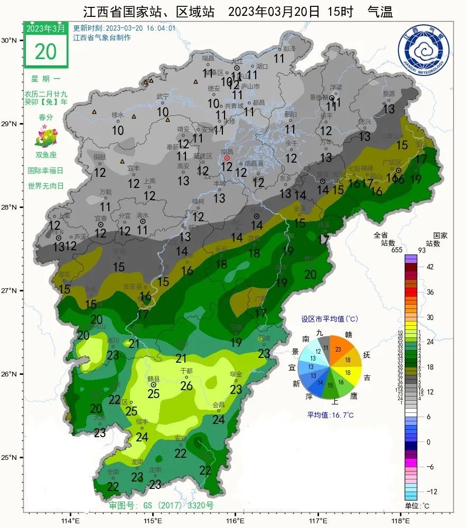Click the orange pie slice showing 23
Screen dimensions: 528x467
[339, 350]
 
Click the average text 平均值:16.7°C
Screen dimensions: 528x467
[330, 415]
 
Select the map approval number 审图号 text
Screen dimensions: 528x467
[161, 505]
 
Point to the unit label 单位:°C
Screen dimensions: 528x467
[417, 506]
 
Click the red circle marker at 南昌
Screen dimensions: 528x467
[227, 158]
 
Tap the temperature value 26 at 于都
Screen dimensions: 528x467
[186, 386]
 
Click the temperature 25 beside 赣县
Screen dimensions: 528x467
[153, 393]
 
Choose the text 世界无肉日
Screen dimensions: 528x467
[45, 186]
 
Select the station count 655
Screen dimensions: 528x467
[397, 250]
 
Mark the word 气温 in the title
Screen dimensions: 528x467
[380, 12]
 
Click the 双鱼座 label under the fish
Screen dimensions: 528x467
[45, 155]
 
